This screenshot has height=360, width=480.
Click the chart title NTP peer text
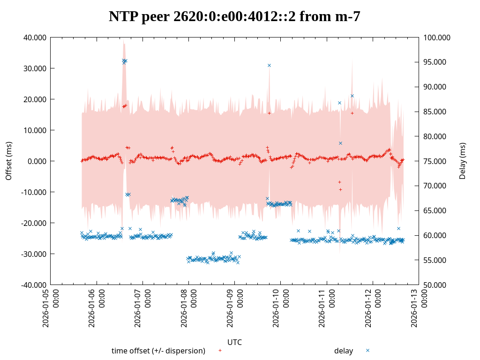(x=234, y=16)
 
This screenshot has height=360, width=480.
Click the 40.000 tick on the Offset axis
(x=35, y=37)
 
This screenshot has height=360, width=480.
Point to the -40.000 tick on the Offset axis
(x=34, y=285)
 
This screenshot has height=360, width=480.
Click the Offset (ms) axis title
(x=8, y=161)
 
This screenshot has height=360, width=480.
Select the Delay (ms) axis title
(x=463, y=161)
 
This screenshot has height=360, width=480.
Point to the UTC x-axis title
(x=234, y=342)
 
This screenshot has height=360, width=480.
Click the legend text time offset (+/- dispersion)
(x=158, y=351)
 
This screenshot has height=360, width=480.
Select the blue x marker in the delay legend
(x=368, y=350)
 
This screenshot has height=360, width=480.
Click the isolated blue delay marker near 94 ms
(x=269, y=65)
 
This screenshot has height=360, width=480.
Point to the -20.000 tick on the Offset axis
(x=34, y=223)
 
